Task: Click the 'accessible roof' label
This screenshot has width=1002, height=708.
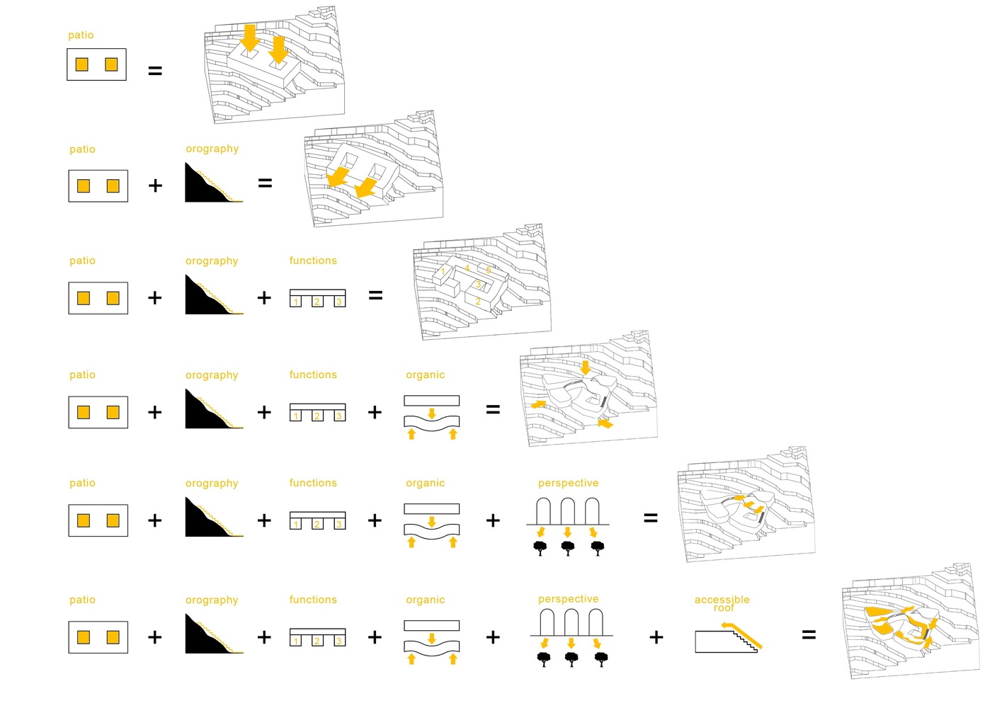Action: pos(722,603)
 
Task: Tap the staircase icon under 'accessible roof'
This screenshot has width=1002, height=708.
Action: pos(728,637)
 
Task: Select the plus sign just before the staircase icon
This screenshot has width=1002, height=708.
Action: pos(656,637)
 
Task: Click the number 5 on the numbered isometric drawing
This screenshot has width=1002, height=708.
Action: pos(489,270)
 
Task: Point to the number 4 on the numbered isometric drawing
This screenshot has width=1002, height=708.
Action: pos(467,268)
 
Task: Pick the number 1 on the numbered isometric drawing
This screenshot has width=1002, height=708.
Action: pos(443,271)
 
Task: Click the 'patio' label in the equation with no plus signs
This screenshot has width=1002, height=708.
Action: pos(81,35)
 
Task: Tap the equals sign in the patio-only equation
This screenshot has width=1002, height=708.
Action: pos(155,71)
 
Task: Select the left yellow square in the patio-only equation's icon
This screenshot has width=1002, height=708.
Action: pos(82,64)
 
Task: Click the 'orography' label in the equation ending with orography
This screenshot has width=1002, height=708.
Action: pos(212,149)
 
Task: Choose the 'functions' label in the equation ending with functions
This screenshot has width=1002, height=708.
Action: pos(313,261)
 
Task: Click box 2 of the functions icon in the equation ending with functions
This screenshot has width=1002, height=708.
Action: pos(317,302)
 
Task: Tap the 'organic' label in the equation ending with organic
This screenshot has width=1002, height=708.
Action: pos(425,375)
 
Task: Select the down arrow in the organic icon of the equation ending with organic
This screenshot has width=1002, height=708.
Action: pos(432,413)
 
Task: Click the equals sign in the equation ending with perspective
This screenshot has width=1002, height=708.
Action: pos(650,518)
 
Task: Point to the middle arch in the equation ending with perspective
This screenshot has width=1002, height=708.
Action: pos(568,510)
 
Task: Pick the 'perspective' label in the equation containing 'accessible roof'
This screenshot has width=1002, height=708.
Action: pos(568,599)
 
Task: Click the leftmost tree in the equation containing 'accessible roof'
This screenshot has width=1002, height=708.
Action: pos(544,659)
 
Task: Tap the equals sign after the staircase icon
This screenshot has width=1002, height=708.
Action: pos(809,634)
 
